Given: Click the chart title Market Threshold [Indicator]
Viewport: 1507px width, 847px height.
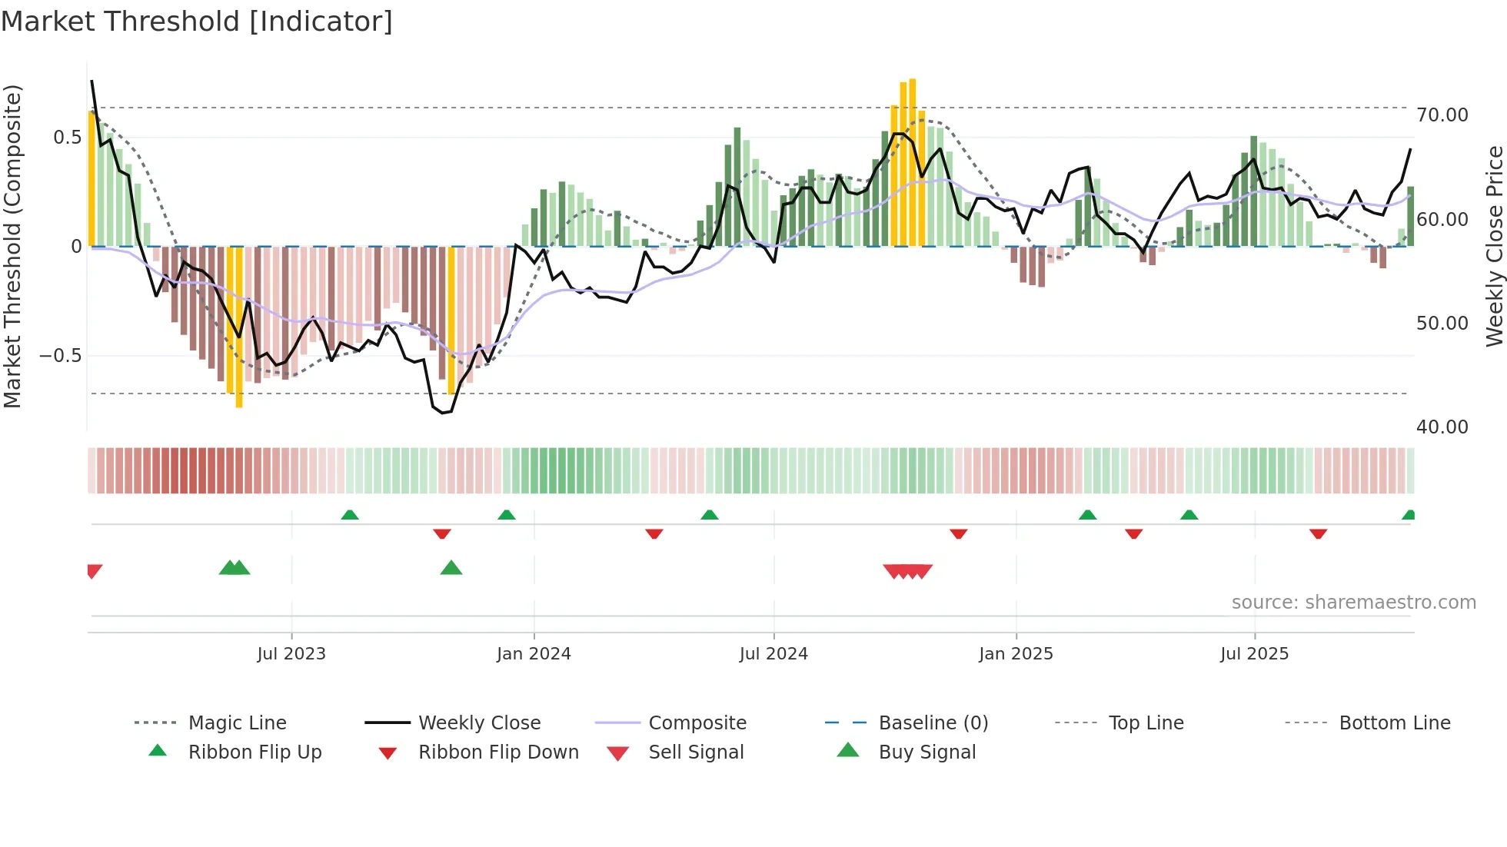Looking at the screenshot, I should pyautogui.click(x=197, y=22).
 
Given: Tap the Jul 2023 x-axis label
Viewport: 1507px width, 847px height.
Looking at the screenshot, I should pyautogui.click(x=291, y=654).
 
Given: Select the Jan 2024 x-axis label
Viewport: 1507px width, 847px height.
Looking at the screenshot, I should pyautogui.click(x=534, y=654).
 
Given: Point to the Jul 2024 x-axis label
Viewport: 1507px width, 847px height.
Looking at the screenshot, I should pyautogui.click(x=773, y=654).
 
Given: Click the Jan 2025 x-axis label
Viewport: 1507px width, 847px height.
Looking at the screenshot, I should pyautogui.click(x=1016, y=654).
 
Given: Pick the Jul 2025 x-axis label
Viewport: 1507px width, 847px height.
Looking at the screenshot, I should pyautogui.click(x=1254, y=654).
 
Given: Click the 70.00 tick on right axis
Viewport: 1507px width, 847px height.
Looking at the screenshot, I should pyautogui.click(x=1442, y=115).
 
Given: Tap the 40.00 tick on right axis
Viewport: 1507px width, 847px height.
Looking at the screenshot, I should pyautogui.click(x=1442, y=427).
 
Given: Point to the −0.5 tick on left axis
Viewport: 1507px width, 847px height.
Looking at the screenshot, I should pyautogui.click(x=60, y=356).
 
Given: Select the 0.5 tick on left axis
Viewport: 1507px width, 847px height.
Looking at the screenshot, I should pyautogui.click(x=67, y=138).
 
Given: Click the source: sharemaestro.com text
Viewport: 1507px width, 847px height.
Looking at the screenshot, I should pyautogui.click(x=1353, y=603).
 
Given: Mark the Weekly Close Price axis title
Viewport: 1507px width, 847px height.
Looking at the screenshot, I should pyautogui.click(x=1494, y=246).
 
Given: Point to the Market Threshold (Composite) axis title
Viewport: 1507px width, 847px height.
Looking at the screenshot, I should pyautogui.click(x=12, y=246).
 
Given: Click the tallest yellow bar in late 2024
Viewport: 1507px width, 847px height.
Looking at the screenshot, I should pyautogui.click(x=912, y=161).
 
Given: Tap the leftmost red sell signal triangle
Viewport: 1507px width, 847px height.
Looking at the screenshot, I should pyautogui.click(x=94, y=571).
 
